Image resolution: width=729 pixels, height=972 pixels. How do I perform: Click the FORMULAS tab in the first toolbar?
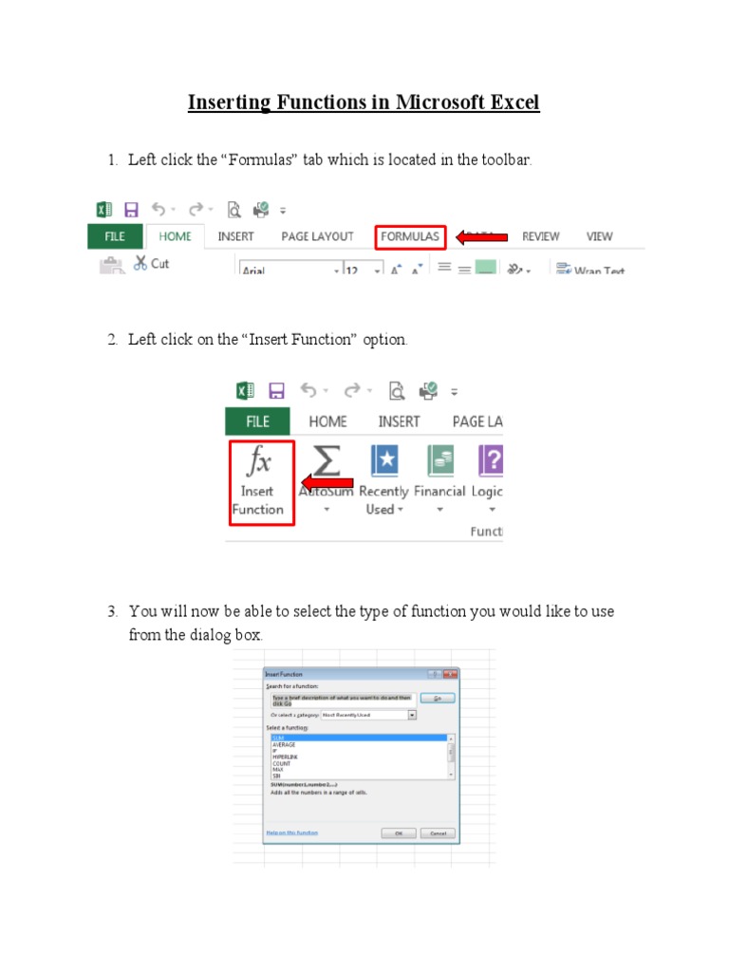pyautogui.click(x=410, y=236)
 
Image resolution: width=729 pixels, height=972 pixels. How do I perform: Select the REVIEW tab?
pyautogui.click(x=541, y=236)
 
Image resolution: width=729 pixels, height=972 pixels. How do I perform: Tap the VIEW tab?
pyautogui.click(x=599, y=236)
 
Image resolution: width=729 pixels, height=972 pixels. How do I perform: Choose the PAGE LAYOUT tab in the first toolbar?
pyautogui.click(x=317, y=236)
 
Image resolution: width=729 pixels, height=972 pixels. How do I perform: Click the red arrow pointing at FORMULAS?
pyautogui.click(x=483, y=237)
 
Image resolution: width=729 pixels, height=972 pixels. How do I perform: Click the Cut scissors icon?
pyautogui.click(x=140, y=263)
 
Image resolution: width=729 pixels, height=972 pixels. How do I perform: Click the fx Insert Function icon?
pyautogui.click(x=258, y=462)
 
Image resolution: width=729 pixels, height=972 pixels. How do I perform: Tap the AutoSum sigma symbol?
pyautogui.click(x=326, y=461)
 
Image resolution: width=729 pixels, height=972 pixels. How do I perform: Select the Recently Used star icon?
pyautogui.click(x=383, y=461)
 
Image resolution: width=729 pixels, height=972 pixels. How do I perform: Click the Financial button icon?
pyautogui.click(x=439, y=461)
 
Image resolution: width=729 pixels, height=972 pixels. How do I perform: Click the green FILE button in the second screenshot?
pyautogui.click(x=257, y=421)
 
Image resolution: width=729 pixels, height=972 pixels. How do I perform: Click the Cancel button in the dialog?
pyautogui.click(x=438, y=832)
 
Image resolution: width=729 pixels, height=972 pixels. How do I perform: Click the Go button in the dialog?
pyautogui.click(x=438, y=698)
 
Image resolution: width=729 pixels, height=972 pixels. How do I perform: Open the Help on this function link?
pyautogui.click(x=290, y=832)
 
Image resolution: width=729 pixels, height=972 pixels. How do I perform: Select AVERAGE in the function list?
pyautogui.click(x=284, y=744)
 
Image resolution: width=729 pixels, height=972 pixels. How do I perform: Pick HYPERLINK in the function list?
pyautogui.click(x=285, y=757)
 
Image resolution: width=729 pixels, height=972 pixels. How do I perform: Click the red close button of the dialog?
pyautogui.click(x=450, y=674)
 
